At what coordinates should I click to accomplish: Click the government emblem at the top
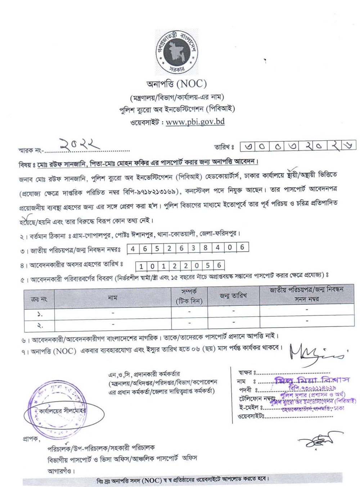pos(177,53)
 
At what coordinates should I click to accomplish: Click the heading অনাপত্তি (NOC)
pos(176,84)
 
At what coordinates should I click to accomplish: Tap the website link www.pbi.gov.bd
pos(195,122)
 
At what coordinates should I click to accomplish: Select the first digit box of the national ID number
pos(134,249)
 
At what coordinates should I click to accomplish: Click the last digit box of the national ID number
pos(242,247)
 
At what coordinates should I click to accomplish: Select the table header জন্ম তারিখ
pos(233,296)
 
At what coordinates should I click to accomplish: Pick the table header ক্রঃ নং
pos(39,299)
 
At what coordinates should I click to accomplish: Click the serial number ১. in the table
pos(40,314)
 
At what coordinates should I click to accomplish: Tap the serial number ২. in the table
pos(40,326)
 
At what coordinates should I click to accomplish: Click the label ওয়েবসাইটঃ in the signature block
pos(251,417)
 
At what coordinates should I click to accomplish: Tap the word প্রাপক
pos(31,439)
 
